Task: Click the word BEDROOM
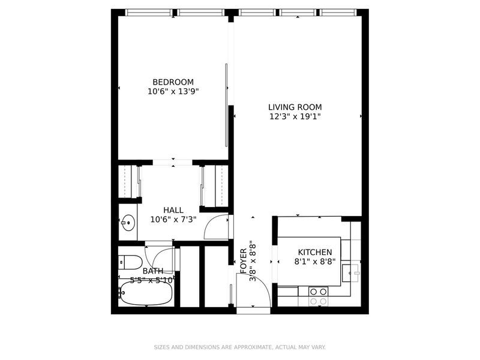point(173,82)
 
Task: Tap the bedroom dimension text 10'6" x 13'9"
point(173,92)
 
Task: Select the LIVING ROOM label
point(295,107)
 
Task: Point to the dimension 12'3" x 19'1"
point(295,117)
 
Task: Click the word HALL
point(173,210)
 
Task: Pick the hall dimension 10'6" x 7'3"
point(173,220)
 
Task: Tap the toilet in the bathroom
point(130,262)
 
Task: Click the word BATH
point(152,271)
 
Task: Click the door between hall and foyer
point(217,227)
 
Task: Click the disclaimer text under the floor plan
point(240,347)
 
